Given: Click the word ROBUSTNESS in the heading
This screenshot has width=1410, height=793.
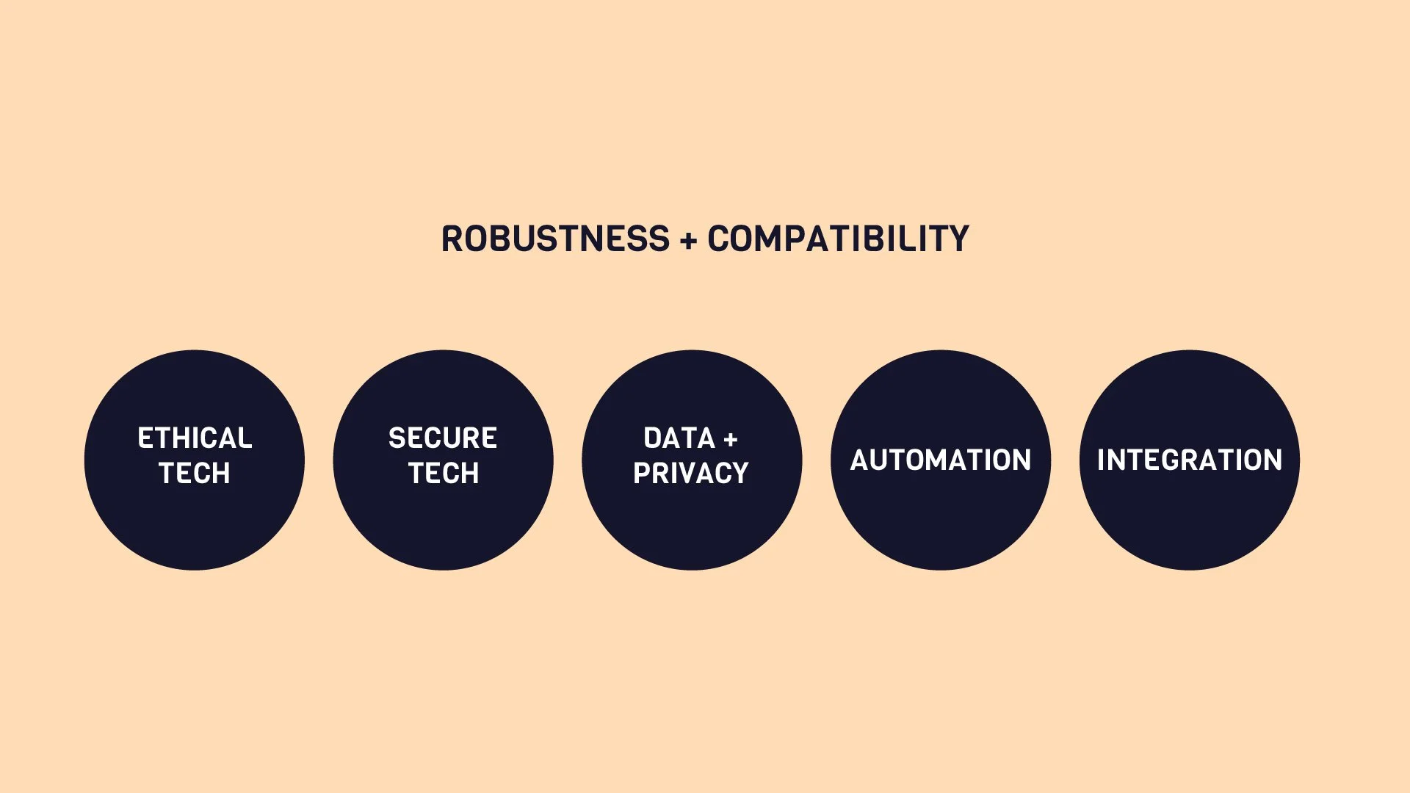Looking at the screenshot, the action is tap(555, 239).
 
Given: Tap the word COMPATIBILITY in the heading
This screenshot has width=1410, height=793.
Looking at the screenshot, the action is tap(838, 239).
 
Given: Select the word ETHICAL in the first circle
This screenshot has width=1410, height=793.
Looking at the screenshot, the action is tap(195, 438).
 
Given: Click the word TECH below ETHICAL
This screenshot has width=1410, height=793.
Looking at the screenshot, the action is tap(195, 474).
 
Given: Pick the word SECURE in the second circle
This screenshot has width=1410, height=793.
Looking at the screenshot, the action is tap(443, 438).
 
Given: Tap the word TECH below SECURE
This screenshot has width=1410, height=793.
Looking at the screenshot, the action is tap(444, 474).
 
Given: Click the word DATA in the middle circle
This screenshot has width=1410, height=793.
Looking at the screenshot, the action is tap(679, 438).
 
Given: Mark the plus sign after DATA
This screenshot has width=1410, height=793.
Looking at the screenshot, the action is tap(730, 440).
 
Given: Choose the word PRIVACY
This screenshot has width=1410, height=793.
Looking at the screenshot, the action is tap(691, 474).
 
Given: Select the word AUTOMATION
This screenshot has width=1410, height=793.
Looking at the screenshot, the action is tap(941, 460).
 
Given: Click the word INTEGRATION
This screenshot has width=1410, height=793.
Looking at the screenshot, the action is tap(1190, 460).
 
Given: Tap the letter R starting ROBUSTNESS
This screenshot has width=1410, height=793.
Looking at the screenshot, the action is tap(451, 239).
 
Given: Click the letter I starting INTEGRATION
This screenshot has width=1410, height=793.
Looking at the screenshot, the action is tap(1101, 460).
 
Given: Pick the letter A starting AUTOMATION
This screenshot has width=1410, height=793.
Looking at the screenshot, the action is tap(860, 460).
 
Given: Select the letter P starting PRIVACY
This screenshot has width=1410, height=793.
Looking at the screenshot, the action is tap(642, 474).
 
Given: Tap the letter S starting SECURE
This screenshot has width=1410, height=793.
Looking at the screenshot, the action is tap(397, 438).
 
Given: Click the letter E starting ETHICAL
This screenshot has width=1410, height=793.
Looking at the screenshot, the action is tap(145, 438).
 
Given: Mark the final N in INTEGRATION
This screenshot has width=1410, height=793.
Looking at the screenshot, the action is tap(1273, 460).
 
